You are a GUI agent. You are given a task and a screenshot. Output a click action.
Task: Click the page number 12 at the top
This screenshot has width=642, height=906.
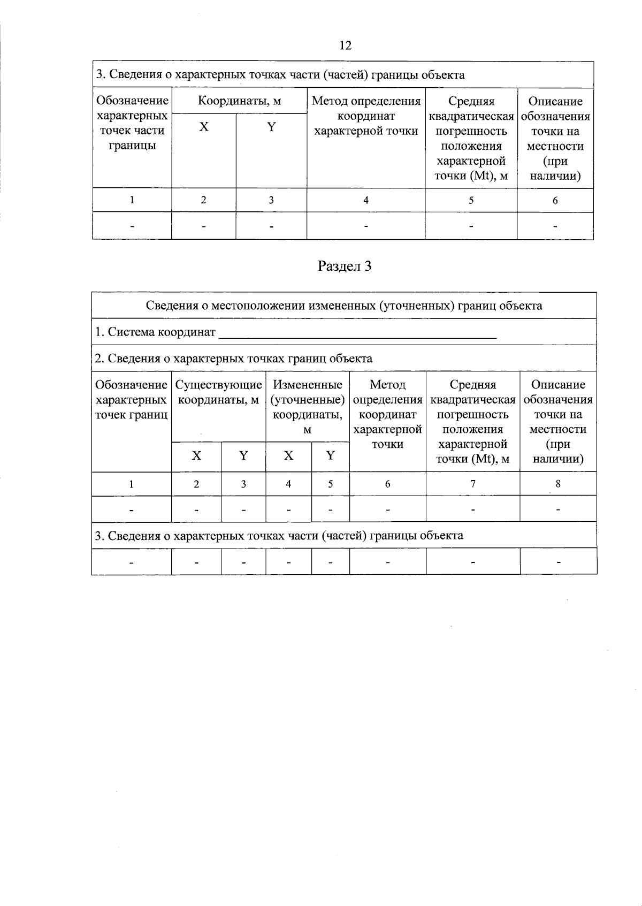[x=346, y=45]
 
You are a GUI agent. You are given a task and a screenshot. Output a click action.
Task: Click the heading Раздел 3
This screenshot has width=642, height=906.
[x=344, y=266]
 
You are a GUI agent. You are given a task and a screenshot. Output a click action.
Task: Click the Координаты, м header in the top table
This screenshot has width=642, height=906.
[x=239, y=101]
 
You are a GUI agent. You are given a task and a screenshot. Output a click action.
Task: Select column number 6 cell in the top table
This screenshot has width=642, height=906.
[x=555, y=200]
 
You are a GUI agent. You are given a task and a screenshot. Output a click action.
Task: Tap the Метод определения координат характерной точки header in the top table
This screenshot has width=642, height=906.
[x=366, y=116]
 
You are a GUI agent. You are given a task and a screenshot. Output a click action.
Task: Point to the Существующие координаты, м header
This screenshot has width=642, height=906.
[x=218, y=392]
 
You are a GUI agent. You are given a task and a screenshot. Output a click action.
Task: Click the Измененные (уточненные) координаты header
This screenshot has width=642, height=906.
[x=307, y=407]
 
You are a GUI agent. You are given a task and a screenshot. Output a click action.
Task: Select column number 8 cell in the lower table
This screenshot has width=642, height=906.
[x=558, y=484]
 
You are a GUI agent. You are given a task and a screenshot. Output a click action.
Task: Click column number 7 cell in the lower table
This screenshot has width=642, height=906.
[x=472, y=484]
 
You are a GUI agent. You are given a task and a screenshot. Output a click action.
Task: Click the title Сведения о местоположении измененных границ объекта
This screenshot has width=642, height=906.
[x=344, y=306]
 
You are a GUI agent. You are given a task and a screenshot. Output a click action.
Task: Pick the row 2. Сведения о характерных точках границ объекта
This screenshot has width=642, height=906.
[x=233, y=359]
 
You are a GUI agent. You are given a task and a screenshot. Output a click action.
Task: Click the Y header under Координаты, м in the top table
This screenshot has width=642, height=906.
[x=271, y=127]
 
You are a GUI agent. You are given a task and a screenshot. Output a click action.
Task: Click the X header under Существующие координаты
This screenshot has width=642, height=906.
[x=196, y=455]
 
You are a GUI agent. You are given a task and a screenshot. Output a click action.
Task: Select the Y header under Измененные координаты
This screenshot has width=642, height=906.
[x=330, y=455]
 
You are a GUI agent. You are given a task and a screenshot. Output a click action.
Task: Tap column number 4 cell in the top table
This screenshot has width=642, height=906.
[x=366, y=200]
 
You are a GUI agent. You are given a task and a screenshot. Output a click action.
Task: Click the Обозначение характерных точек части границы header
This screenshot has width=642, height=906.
[x=132, y=123]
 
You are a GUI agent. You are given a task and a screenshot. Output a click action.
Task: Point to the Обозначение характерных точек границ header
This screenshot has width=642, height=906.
[x=131, y=399]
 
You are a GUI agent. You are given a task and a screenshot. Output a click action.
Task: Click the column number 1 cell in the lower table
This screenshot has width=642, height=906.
[x=131, y=484]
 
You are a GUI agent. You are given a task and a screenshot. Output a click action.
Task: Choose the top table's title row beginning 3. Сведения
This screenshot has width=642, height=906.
[x=280, y=75]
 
